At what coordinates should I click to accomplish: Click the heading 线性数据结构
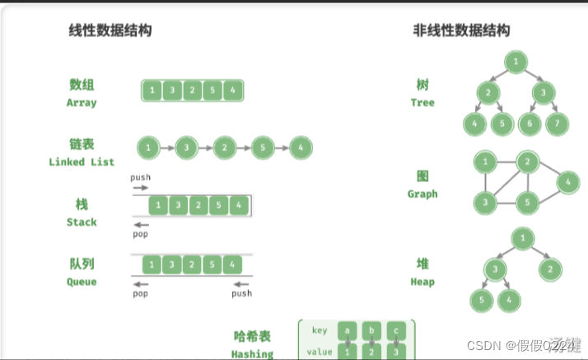pos(110,30)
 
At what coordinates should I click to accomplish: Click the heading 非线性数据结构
pos(461,30)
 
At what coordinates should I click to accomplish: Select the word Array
pos(82,103)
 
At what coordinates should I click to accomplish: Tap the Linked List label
pos(82,161)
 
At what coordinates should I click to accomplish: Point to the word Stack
pos(82,222)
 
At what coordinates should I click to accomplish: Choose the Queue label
pos(82,282)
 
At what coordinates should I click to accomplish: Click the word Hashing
pos(253,353)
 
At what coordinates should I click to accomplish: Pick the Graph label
pos(422,194)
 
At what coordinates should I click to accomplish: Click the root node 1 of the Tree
pos(516,62)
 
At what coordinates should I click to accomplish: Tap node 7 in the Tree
pos(558,124)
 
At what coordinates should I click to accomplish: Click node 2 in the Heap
pos(551,269)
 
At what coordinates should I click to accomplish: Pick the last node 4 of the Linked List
pos(301,148)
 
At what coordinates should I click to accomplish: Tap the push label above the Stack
pos(141,177)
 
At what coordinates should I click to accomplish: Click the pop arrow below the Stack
pos(142,224)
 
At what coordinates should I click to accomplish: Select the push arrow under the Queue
pos(240,284)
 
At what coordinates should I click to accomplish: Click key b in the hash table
pos(371,330)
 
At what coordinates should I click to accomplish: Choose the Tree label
pos(422,103)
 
